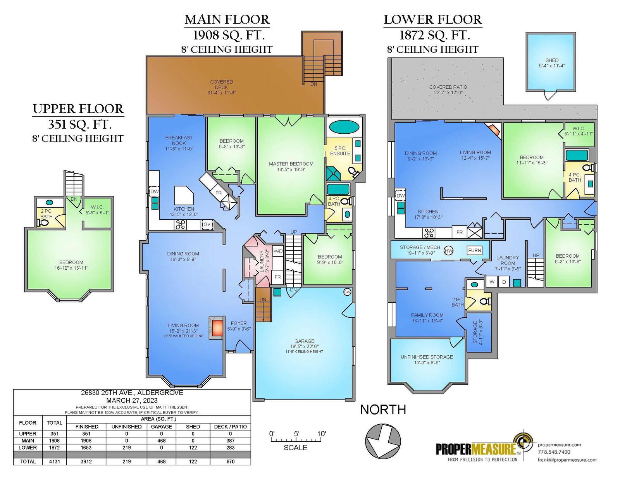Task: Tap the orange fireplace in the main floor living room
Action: tap(217, 328)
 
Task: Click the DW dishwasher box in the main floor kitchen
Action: tap(154, 191)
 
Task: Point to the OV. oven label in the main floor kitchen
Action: tap(207, 224)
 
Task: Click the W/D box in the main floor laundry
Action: tap(278, 251)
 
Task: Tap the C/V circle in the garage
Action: tap(347, 292)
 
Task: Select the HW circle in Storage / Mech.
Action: tap(448, 251)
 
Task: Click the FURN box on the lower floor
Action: tap(474, 250)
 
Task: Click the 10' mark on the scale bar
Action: tap(321, 434)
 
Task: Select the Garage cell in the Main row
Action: tap(161, 441)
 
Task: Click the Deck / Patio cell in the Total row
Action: tap(230, 462)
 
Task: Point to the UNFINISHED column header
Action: tap(126, 427)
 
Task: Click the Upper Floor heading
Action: tap(78, 109)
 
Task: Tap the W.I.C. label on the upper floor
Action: tap(97, 207)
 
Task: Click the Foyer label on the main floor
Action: tap(239, 323)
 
